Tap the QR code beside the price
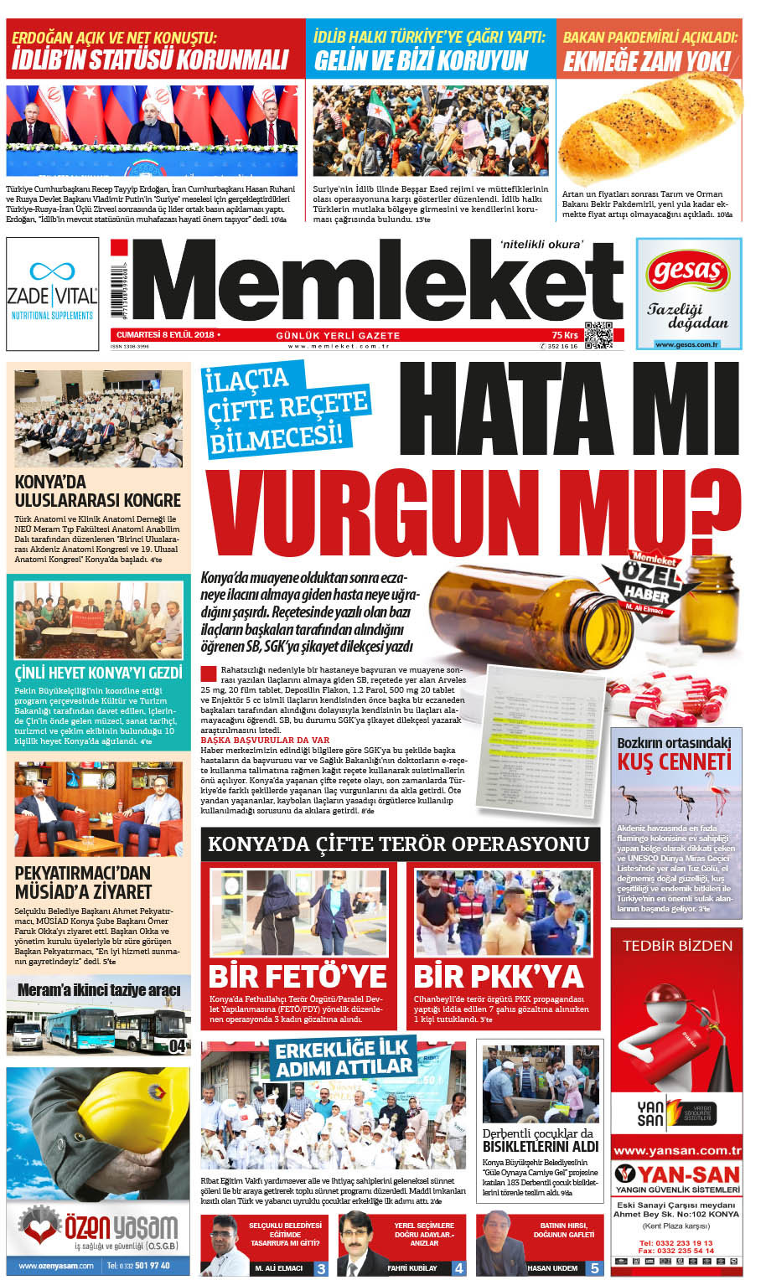(598, 334)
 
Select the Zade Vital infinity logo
(52, 271)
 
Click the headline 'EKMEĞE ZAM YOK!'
(647, 61)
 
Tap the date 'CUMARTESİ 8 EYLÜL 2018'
(166, 334)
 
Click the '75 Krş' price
(565, 334)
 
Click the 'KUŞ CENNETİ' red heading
(675, 761)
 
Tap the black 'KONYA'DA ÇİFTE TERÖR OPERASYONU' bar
(399, 844)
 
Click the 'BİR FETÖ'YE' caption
(298, 976)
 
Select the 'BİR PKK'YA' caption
(499, 976)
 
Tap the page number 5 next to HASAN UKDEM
(594, 1268)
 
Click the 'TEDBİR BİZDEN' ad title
(677, 945)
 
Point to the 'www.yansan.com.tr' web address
(677, 1150)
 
